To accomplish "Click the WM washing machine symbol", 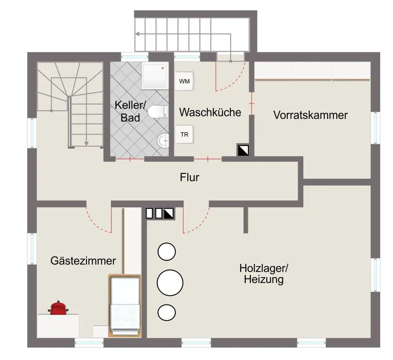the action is pyautogui.click(x=184, y=81).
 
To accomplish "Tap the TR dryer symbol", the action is pyautogui.click(x=184, y=134).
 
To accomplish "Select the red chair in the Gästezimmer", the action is pyautogui.click(x=59, y=308).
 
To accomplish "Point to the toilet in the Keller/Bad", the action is pyautogui.click(x=159, y=112).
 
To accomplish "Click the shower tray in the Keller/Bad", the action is pyautogui.click(x=154, y=76).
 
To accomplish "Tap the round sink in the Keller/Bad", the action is pyautogui.click(x=163, y=139).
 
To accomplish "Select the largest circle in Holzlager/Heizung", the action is pyautogui.click(x=170, y=282).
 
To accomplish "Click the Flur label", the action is pyautogui.click(x=189, y=177).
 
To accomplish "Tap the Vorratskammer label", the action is pyautogui.click(x=310, y=115).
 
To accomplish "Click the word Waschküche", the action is pyautogui.click(x=210, y=112).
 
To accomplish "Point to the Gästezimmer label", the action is pyautogui.click(x=83, y=260).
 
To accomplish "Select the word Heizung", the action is pyautogui.click(x=264, y=280).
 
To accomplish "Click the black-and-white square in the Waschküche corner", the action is pyautogui.click(x=242, y=150).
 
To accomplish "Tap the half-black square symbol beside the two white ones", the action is pyautogui.click(x=169, y=213).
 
